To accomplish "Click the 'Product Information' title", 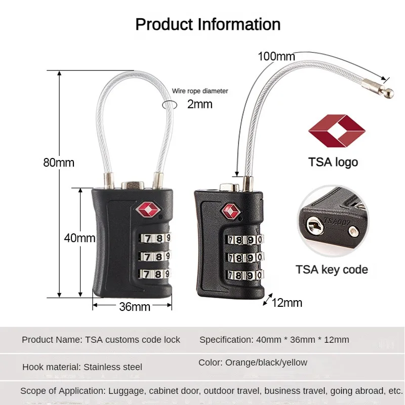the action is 208,24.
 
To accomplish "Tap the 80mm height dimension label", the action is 58,163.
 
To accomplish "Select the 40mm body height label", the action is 80,238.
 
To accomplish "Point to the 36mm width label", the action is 135,307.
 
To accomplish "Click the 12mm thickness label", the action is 287,303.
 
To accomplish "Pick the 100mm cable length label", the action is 276,56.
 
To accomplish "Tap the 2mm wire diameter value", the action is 200,104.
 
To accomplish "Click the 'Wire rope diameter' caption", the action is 200,91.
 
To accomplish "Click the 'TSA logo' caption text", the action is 333,162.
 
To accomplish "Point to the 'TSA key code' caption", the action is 332,269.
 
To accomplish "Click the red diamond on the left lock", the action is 143,209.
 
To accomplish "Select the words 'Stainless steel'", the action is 113,367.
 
